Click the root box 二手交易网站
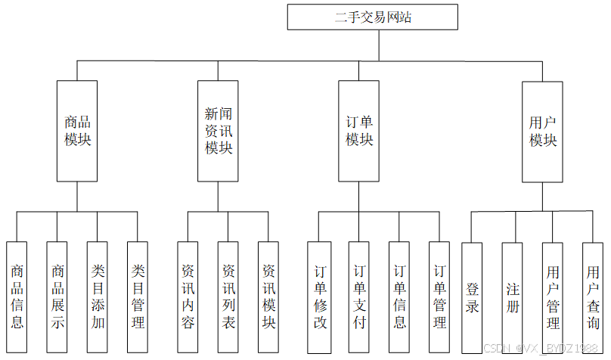[x=372, y=17]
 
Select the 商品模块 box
[x=77, y=131]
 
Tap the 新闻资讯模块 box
[x=218, y=131]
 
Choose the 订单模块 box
[x=358, y=131]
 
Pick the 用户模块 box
[x=542, y=131]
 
